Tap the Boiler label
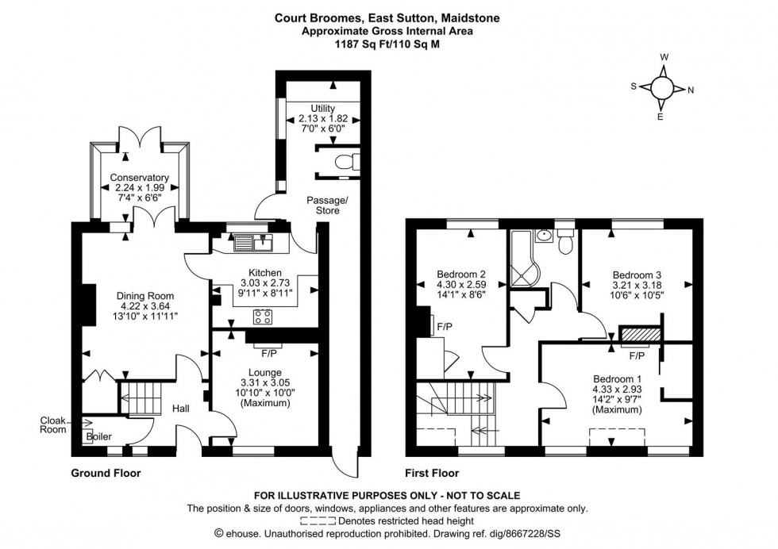(x=99, y=436)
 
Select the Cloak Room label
(x=54, y=425)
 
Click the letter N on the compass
(x=691, y=90)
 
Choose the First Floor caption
(x=432, y=473)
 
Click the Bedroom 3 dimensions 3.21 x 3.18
(x=637, y=285)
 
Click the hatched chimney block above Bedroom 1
(x=640, y=335)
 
